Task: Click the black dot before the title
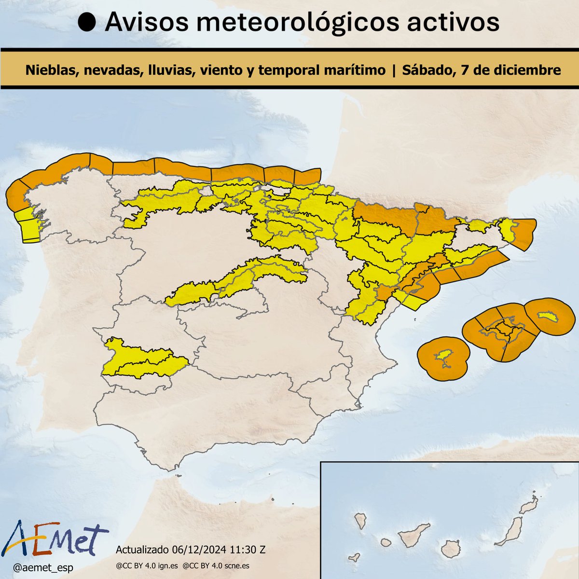point(87,23)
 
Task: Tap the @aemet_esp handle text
point(42,568)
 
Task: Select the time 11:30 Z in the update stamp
point(244,550)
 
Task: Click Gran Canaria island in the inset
point(450,548)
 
